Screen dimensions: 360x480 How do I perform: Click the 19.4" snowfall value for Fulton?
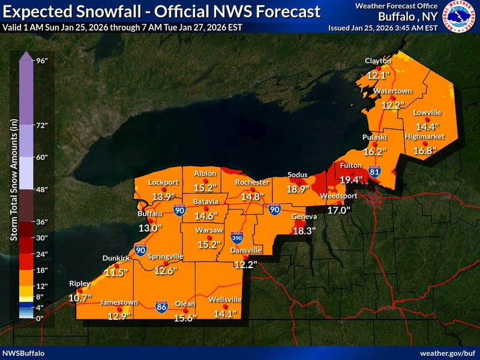click(x=352, y=179)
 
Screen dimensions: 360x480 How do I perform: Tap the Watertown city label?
click(x=392, y=91)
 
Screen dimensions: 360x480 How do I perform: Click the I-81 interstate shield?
click(x=374, y=173)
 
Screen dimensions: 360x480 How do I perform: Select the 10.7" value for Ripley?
click(x=80, y=298)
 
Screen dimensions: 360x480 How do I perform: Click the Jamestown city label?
click(x=119, y=302)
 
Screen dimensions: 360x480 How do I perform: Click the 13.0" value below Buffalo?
click(x=150, y=227)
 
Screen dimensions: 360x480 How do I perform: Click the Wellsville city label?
click(x=225, y=299)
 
